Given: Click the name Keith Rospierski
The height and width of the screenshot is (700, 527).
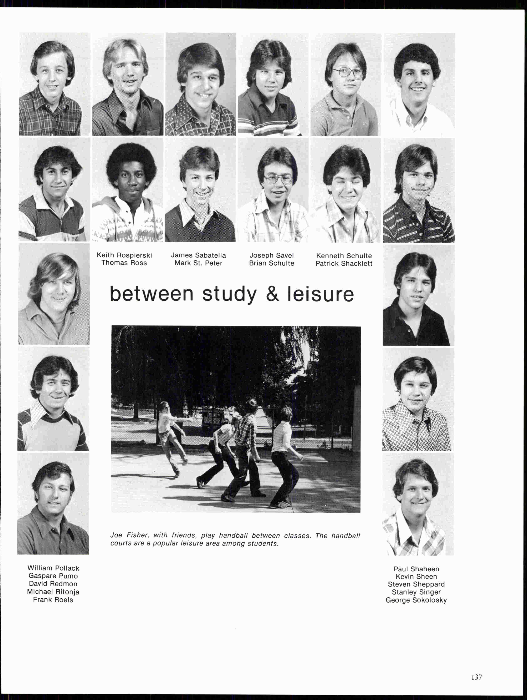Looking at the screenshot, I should [x=124, y=255].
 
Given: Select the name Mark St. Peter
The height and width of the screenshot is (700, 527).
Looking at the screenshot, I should [x=198, y=263].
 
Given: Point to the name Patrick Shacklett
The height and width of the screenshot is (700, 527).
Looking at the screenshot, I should [x=344, y=264].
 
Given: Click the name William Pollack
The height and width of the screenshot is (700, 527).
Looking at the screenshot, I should [x=53, y=568].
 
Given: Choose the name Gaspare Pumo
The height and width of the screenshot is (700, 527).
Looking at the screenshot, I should [x=53, y=576].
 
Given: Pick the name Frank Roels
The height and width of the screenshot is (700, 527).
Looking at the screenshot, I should [x=53, y=600].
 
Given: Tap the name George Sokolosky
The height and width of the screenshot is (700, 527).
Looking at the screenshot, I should [x=416, y=600].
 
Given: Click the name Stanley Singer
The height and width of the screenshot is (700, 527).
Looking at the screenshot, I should [x=416, y=592].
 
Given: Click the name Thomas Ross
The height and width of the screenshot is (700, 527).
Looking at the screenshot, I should [x=124, y=263].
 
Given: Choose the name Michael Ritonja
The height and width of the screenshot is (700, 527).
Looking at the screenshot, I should [x=53, y=592].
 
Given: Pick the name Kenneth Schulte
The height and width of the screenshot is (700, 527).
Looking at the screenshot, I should [x=344, y=256].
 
